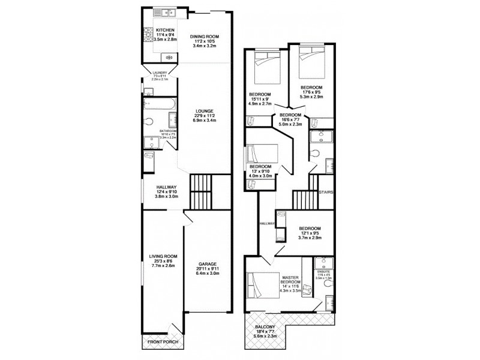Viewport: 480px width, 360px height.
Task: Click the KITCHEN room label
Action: click(x=164, y=29)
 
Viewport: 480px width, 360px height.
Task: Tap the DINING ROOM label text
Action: click(x=205, y=37)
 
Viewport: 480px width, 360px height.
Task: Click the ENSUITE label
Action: click(x=324, y=271)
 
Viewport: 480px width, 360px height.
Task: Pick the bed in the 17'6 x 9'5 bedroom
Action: click(x=311, y=63)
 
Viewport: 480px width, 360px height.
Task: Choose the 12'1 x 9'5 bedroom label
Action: click(x=310, y=229)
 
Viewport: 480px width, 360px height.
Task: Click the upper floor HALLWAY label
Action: click(x=267, y=223)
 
